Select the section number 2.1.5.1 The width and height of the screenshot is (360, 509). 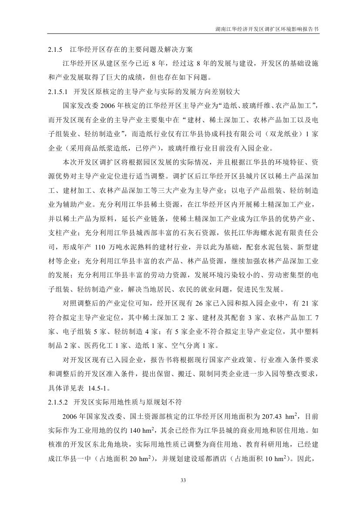tap(59, 92)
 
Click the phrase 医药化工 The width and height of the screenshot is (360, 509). tap(115, 346)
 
